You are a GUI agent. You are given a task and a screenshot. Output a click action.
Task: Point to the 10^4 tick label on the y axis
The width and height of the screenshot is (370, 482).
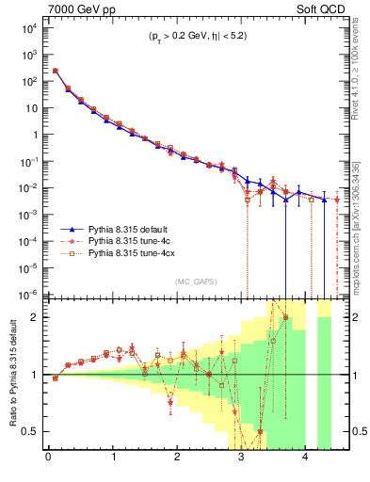(x=26, y=27)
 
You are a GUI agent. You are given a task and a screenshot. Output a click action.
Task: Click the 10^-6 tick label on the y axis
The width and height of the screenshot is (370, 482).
(x=26, y=294)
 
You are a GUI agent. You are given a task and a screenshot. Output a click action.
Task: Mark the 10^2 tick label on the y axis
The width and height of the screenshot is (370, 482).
(x=26, y=81)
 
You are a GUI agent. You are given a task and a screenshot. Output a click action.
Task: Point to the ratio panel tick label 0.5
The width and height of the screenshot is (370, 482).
(x=30, y=432)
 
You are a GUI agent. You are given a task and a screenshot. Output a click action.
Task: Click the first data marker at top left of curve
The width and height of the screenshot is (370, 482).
(x=56, y=71)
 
